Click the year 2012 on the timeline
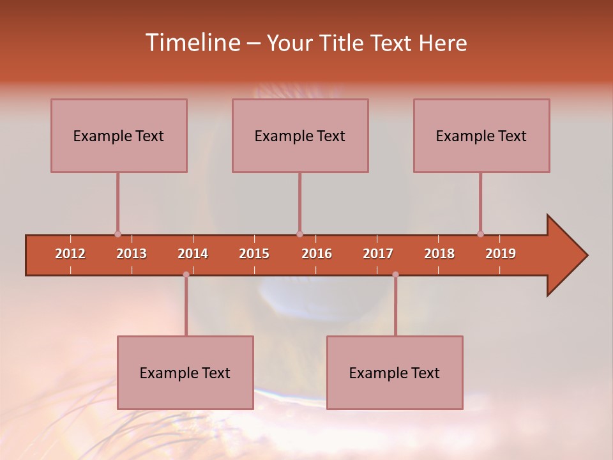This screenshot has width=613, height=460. tap(70, 254)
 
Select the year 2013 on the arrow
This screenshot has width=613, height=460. tap(132, 254)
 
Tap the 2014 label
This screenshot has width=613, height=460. tap(193, 254)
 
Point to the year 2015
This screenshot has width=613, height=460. tap(254, 254)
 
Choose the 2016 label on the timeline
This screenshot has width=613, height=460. tap(317, 254)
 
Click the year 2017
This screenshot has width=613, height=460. tap(378, 254)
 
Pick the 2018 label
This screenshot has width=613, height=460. tap(439, 254)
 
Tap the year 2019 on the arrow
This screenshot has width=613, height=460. tap(501, 254)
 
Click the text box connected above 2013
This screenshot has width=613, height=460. tap(119, 135)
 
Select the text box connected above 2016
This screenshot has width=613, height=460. tap(300, 135)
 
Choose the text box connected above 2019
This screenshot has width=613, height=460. tap(481, 135)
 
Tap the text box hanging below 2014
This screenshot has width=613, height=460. tap(185, 372)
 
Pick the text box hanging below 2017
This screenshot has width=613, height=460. tap(395, 372)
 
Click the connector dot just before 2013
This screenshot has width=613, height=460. tap(117, 234)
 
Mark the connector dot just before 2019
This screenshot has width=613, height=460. tap(480, 234)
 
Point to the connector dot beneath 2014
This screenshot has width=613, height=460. tap(186, 274)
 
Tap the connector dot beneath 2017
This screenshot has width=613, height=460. tap(395, 274)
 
